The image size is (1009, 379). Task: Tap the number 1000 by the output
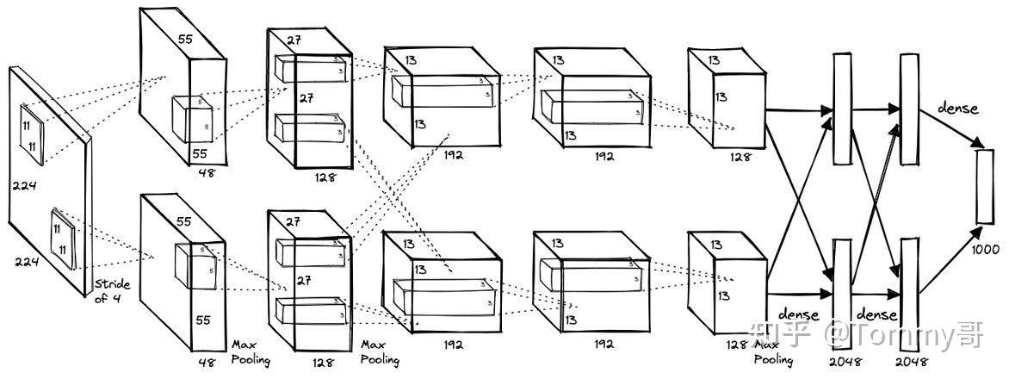pos(986,250)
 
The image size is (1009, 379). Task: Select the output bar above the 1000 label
pos(985,186)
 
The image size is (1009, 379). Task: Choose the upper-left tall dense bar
pos(841,108)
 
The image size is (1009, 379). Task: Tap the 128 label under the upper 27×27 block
pos(325,178)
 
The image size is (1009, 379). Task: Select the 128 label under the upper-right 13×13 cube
pos(738,158)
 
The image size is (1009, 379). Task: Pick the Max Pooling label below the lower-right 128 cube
pos(774,351)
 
